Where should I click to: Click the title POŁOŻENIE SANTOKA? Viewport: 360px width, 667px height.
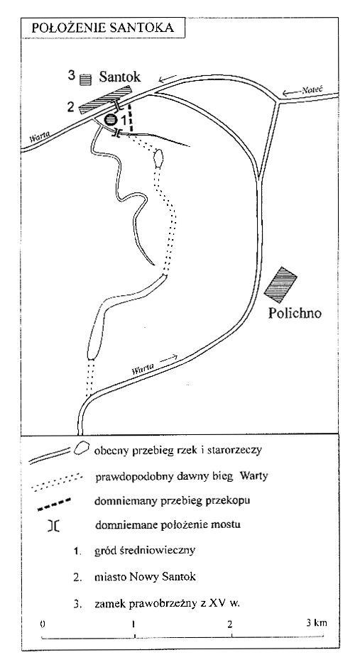point(102,28)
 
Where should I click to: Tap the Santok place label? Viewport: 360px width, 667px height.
point(119,77)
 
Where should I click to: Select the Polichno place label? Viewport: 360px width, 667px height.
point(295,314)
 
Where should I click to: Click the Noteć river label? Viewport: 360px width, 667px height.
point(314,89)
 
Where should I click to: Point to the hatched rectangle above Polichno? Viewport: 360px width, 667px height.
point(281,282)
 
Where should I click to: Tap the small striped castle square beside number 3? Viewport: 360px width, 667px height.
point(87,79)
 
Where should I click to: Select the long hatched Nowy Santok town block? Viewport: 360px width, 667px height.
point(105,101)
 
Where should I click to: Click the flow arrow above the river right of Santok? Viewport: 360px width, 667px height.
point(167,78)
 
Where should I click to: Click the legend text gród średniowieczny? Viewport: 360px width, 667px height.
point(145,550)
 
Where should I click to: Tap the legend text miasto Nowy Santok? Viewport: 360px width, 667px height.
point(145,578)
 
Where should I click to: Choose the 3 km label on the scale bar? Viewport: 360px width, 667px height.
point(317,623)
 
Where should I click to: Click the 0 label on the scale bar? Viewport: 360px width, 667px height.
point(43,624)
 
